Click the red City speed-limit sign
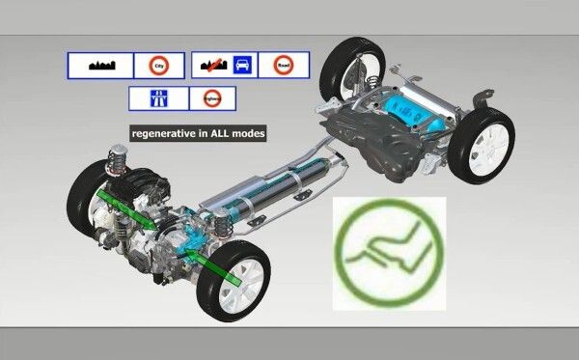pos(158,65)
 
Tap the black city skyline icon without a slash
pos(100,66)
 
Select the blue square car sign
pos(243,65)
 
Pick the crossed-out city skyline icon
pos(211,65)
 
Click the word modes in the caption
pos(251,132)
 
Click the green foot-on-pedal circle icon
pos(389,253)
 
